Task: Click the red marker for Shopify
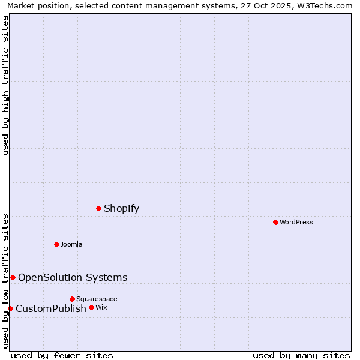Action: (99, 208)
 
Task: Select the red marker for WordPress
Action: (275, 222)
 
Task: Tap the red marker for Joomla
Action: (56, 244)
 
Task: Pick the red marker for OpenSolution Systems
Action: (13, 277)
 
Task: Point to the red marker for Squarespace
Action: (72, 299)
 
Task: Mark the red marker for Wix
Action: (91, 307)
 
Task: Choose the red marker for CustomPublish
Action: (10, 308)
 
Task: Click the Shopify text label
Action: (121, 209)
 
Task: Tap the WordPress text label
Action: (296, 223)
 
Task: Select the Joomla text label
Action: (71, 244)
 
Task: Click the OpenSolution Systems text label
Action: (73, 277)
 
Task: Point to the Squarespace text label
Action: (97, 299)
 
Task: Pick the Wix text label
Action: (101, 308)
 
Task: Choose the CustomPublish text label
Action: (51, 309)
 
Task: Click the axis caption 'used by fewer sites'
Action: (62, 355)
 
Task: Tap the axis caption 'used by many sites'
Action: (301, 355)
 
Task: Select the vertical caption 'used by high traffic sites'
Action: (6, 85)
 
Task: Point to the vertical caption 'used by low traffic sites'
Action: (6, 281)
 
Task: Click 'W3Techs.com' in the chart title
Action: (327, 5)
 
